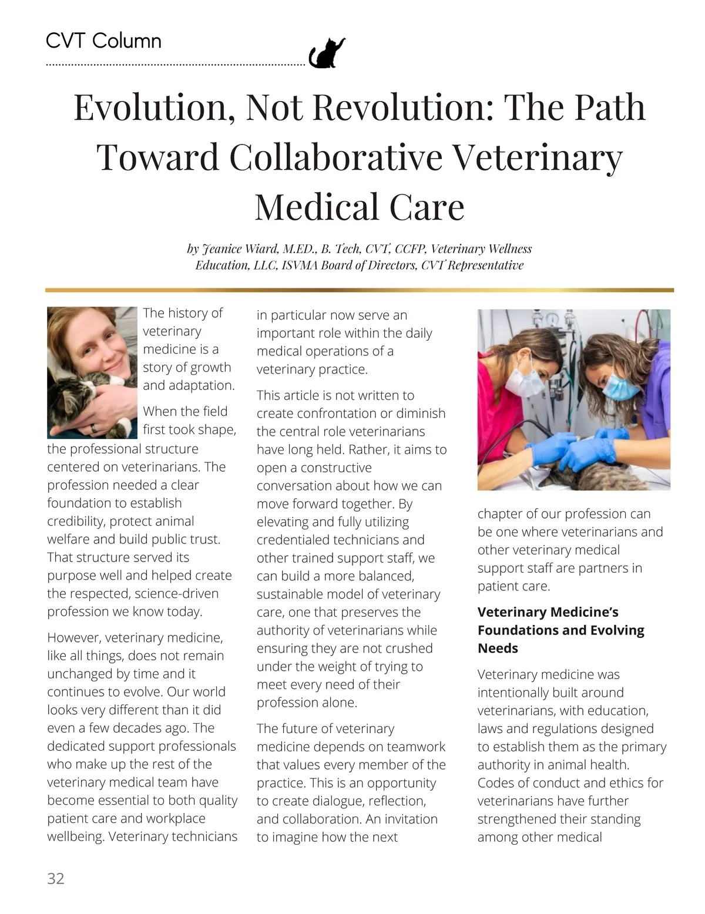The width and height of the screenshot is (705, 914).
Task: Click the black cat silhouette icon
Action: coord(327,53)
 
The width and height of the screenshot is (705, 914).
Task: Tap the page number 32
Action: coord(56,878)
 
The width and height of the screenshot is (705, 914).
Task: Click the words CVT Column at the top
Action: coord(103,41)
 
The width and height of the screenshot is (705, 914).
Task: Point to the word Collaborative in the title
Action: coord(335,157)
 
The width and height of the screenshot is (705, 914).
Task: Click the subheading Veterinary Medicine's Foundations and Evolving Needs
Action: coord(560,630)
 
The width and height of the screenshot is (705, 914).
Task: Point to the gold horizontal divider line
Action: coord(359,290)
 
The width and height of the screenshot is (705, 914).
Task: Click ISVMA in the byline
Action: coord(299,265)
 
